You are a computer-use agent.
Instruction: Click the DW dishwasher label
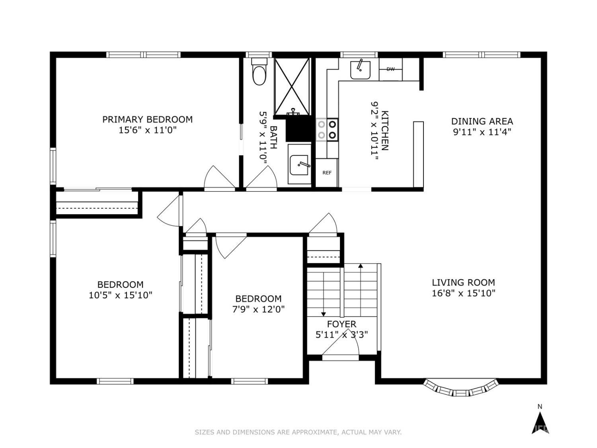coord(390,69)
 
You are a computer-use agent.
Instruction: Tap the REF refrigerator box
coord(327,173)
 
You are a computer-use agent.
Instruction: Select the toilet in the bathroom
coord(259,72)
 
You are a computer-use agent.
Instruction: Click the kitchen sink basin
coord(360,70)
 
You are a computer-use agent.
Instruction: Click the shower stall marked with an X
coord(292,86)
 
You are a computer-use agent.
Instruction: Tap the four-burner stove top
coord(327,129)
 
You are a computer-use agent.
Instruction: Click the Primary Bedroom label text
coord(147,119)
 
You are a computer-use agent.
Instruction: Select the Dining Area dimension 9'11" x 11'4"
coord(482,132)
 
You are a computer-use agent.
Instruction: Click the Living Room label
coord(463,283)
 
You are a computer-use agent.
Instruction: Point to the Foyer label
coord(341,324)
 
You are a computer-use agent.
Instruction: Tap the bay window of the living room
coord(461,388)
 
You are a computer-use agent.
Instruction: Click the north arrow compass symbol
coord(540,425)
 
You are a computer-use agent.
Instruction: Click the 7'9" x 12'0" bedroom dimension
coord(258,309)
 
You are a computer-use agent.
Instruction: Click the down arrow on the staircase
coord(324,294)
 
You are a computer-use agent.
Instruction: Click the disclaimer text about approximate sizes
coord(298,432)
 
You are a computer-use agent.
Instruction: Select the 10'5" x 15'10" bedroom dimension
coord(121,295)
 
